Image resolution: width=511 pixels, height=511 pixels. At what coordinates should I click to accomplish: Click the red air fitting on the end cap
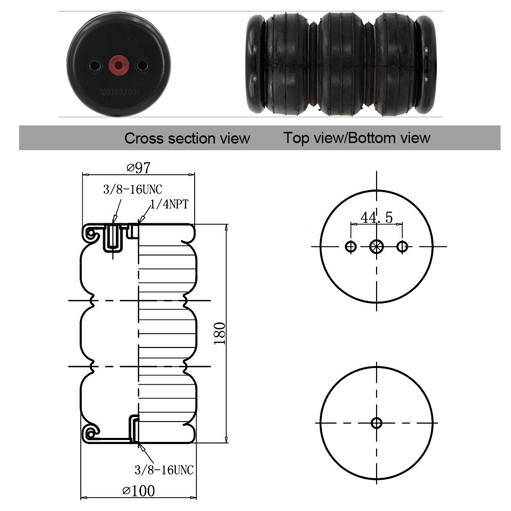[119, 65]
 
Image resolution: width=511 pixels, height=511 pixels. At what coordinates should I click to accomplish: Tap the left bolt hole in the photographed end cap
[95, 65]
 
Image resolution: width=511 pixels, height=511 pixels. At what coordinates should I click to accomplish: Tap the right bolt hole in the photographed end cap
[142, 65]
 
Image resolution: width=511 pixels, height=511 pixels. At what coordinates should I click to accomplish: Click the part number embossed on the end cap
[119, 92]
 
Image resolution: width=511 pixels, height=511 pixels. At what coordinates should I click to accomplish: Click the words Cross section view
[187, 138]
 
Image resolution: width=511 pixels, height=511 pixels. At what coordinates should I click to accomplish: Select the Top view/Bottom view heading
[357, 138]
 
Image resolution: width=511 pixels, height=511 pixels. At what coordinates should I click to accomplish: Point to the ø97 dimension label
[138, 168]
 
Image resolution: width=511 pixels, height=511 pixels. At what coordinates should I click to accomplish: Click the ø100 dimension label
[138, 491]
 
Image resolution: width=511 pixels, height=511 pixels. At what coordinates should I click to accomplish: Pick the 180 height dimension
[220, 333]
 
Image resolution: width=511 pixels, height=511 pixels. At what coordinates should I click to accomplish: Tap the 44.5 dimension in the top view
[377, 217]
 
